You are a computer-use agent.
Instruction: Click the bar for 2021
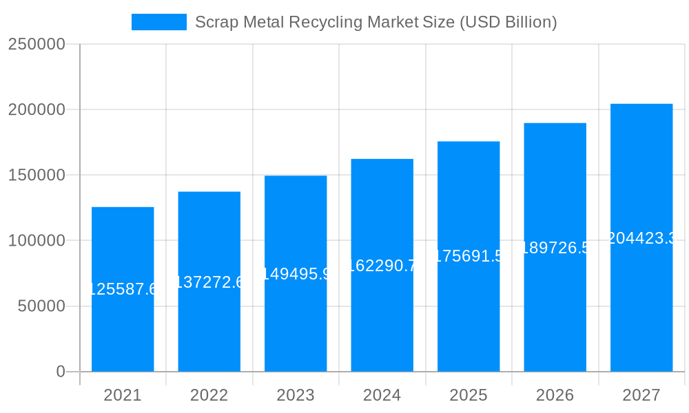click(x=123, y=289)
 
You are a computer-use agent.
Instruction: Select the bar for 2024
click(x=382, y=265)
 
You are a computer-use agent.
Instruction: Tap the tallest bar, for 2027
click(x=641, y=237)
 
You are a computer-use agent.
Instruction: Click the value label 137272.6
click(x=209, y=282)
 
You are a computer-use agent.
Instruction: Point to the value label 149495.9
click(x=296, y=274)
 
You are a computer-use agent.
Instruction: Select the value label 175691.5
click(x=469, y=256)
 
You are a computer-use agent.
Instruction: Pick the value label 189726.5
click(x=555, y=248)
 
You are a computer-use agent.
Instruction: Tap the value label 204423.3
click(x=641, y=238)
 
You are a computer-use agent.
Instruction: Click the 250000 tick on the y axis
click(x=37, y=45)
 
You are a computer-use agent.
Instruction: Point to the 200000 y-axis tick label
click(x=37, y=110)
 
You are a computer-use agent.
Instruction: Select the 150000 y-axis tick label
click(x=37, y=176)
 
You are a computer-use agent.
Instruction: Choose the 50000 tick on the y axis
click(x=41, y=306)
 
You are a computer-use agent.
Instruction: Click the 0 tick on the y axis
click(x=61, y=372)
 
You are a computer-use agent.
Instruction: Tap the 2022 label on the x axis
click(x=209, y=395)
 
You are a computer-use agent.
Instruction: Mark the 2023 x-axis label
click(x=296, y=395)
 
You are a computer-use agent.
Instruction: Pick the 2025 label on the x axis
click(x=469, y=395)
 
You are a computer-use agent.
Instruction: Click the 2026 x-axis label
click(x=555, y=395)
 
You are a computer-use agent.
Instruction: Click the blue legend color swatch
click(x=159, y=22)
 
